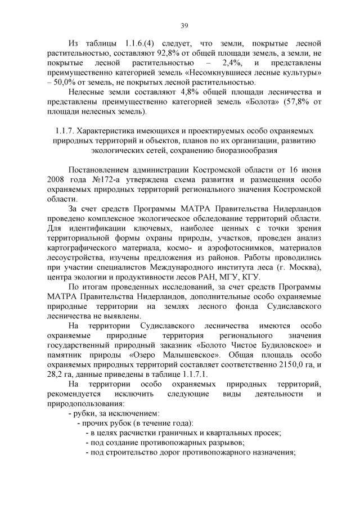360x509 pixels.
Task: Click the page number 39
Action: pos(184,25)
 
